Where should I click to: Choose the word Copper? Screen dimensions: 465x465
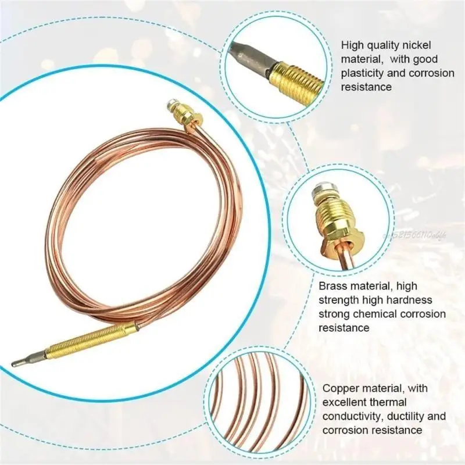tap(341, 388)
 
